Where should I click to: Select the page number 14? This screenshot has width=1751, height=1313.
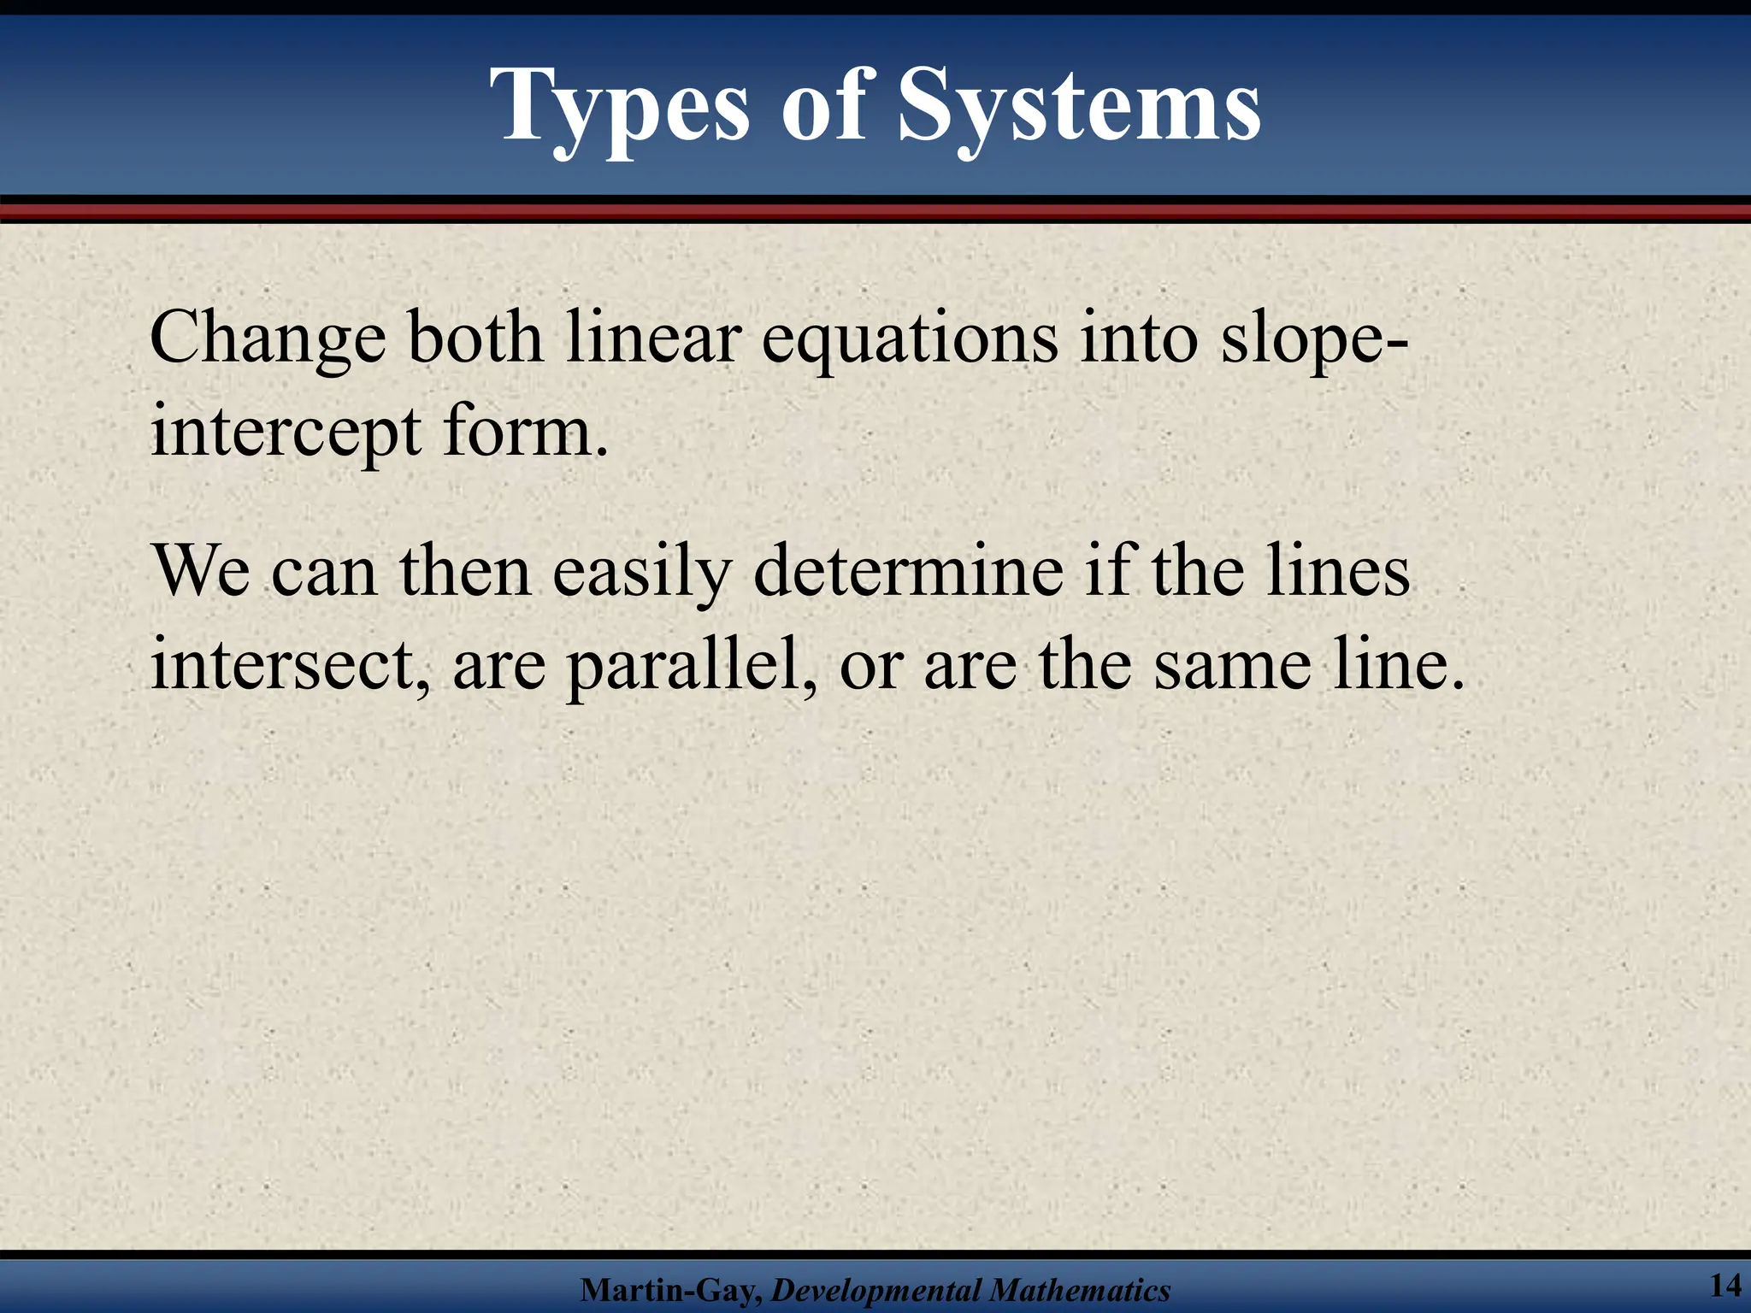(x=1724, y=1285)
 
